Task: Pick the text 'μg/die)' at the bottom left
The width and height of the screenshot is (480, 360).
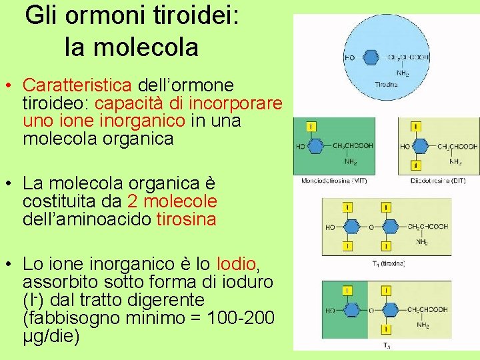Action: coord(51,336)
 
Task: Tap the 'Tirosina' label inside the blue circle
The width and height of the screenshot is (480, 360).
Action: coord(386,85)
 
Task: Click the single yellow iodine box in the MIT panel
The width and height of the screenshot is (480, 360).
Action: coord(312,127)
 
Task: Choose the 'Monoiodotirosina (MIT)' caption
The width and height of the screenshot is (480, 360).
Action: coord(335,181)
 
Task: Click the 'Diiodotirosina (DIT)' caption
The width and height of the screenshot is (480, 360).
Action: coord(439,181)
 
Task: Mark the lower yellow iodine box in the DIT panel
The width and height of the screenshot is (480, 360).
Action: coord(416,165)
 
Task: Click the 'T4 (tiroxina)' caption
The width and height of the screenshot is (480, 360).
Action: coord(389,263)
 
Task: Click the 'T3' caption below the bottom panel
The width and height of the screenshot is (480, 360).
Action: coord(387,345)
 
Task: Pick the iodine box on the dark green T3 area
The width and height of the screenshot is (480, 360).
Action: coord(348,291)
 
